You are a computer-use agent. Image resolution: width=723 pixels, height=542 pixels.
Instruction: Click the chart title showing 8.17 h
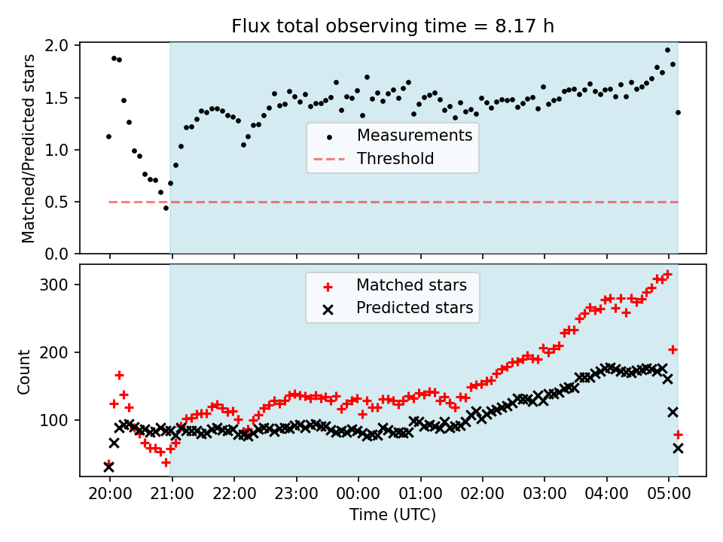point(392,26)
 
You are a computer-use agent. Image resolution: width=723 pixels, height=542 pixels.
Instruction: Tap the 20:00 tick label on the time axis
point(110,494)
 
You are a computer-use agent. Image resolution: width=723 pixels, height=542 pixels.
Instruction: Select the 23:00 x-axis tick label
point(296,494)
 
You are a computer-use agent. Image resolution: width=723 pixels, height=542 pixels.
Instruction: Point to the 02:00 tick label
point(482,494)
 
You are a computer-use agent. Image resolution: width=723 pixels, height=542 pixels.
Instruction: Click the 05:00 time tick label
point(669,494)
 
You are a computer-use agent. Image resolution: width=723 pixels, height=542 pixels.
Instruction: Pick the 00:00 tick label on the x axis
point(358,494)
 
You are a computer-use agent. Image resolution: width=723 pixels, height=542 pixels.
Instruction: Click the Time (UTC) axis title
point(392,514)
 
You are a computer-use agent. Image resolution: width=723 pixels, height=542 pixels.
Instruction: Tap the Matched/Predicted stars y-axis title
point(28,148)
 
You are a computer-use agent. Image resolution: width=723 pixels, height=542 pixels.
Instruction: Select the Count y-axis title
point(23,371)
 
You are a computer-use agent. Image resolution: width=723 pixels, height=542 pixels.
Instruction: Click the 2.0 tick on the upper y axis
point(56,45)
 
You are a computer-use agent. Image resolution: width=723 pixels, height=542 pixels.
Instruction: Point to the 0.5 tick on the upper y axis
point(56,202)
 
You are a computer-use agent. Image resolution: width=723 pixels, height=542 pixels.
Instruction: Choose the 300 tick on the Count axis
point(53,285)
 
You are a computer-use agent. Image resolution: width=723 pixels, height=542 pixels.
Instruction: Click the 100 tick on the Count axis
point(53,420)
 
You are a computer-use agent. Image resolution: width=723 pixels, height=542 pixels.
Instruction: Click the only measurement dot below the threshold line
point(166,209)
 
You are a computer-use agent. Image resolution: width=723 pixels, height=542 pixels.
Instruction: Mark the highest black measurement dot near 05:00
point(667,50)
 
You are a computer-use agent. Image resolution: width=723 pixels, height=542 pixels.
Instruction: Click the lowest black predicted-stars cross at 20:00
point(108,467)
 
